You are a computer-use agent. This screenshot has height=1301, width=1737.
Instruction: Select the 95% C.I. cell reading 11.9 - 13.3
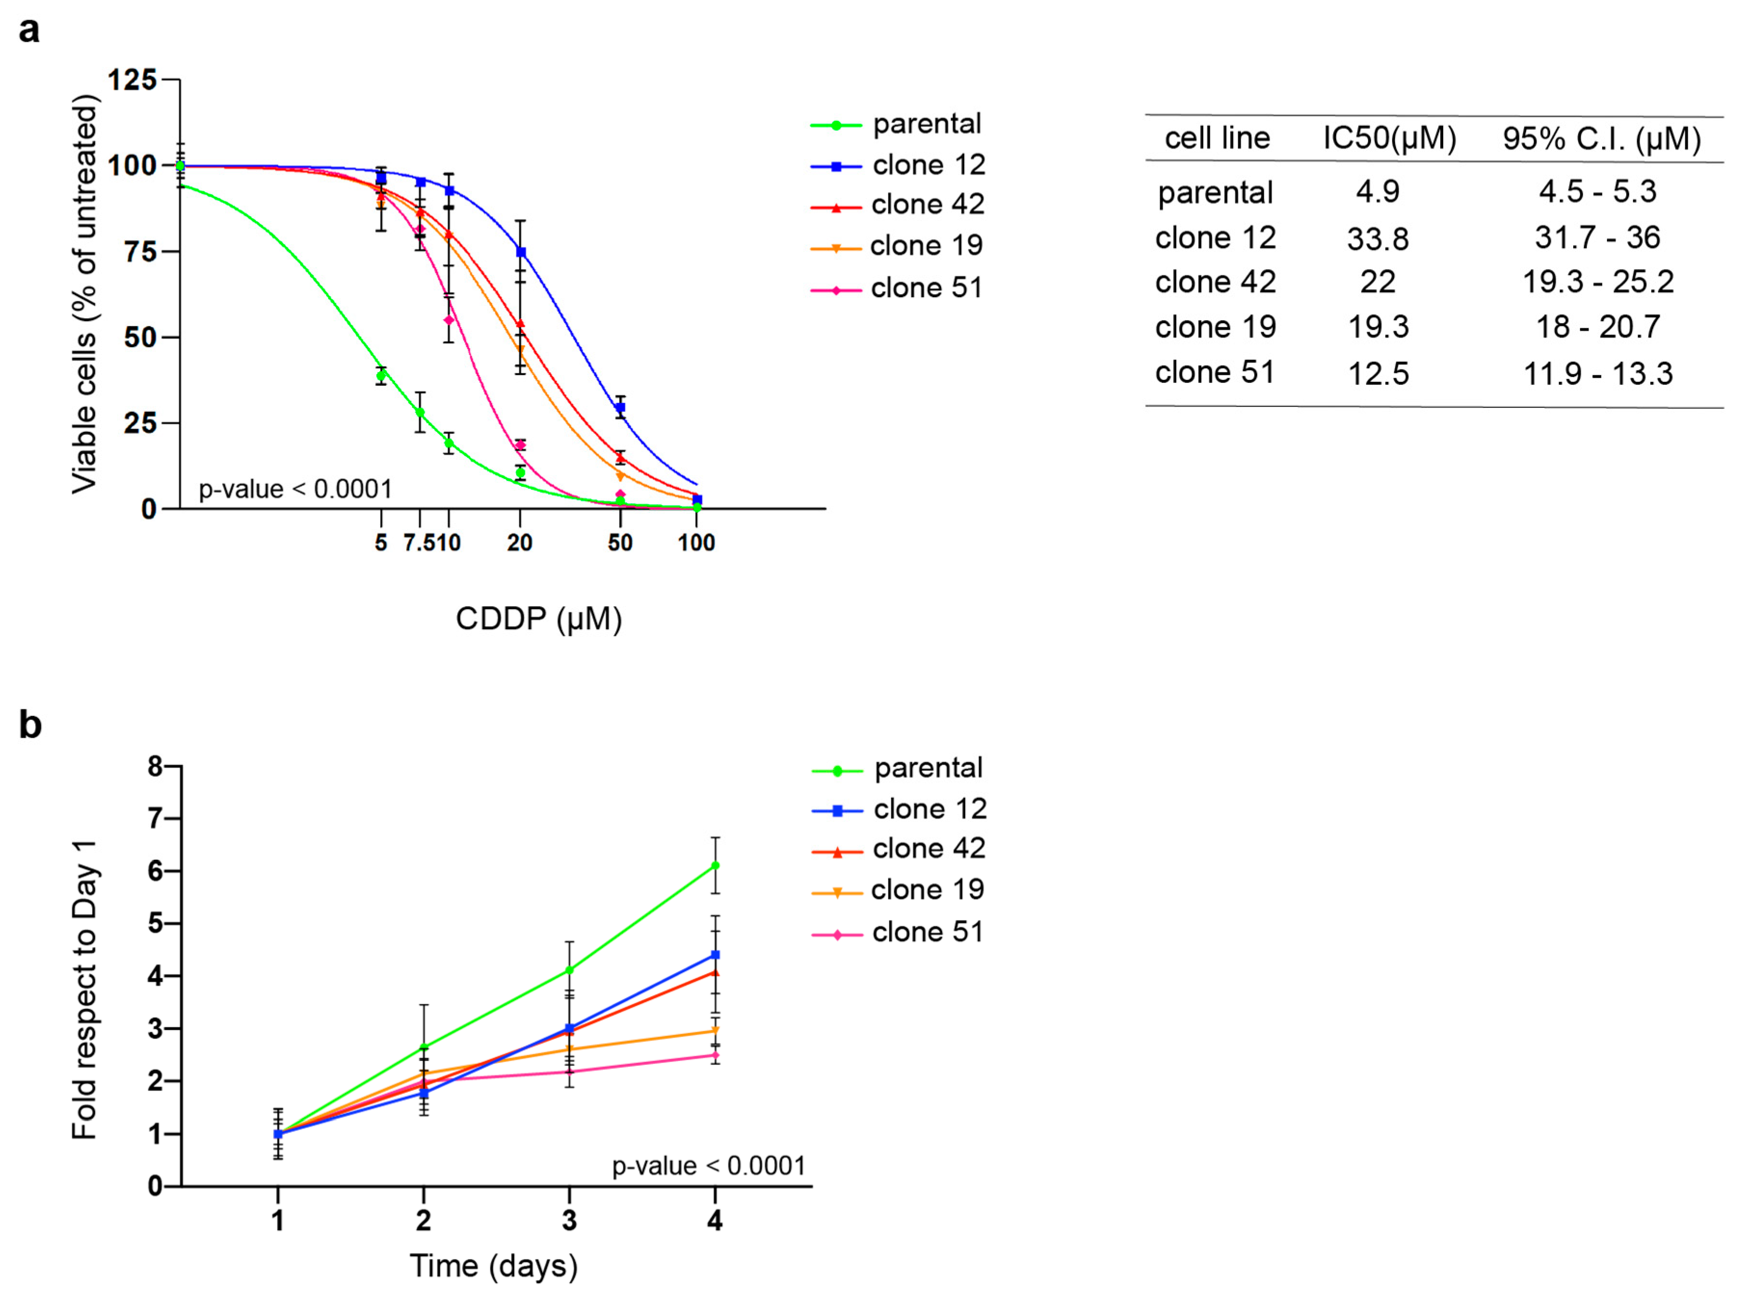click(x=1597, y=374)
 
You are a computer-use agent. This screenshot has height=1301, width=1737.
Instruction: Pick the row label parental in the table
click(x=1215, y=193)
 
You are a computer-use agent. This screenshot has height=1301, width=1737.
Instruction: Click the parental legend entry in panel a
click(x=927, y=124)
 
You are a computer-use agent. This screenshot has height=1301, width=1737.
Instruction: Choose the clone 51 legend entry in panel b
click(x=927, y=932)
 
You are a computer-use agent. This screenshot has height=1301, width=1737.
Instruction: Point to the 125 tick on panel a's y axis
click(x=131, y=80)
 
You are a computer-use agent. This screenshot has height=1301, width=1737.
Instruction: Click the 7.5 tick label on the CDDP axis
click(x=419, y=543)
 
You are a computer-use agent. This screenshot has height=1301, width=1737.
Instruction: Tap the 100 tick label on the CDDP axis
click(x=696, y=543)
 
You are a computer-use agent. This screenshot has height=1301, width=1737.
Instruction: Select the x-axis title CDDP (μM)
click(x=539, y=619)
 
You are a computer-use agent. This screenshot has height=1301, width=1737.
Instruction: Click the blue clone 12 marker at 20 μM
click(x=520, y=252)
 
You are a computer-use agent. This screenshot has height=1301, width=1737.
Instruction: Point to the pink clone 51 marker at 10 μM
click(x=449, y=320)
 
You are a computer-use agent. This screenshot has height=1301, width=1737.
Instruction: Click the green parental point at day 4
click(x=714, y=865)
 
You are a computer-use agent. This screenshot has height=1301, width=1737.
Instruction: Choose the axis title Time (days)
click(x=493, y=1266)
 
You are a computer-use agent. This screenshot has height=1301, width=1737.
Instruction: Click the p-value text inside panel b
click(x=708, y=1166)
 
